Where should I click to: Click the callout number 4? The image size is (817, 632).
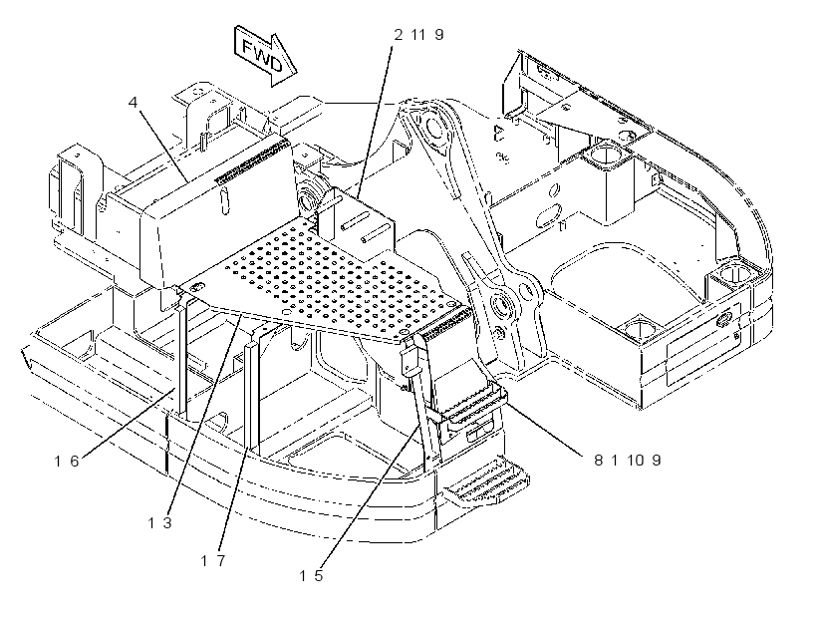(134, 103)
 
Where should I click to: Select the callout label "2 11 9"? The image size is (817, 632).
(418, 35)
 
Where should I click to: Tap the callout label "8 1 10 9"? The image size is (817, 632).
(628, 460)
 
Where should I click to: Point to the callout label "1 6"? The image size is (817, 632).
(67, 461)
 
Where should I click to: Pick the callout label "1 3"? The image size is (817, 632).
(159, 522)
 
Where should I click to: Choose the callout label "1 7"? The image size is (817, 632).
(213, 560)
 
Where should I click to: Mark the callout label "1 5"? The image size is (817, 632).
(311, 576)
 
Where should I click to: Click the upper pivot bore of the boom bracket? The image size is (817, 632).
(433, 126)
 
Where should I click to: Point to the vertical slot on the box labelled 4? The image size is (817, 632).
(224, 201)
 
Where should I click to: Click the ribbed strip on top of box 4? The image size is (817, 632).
(252, 160)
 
